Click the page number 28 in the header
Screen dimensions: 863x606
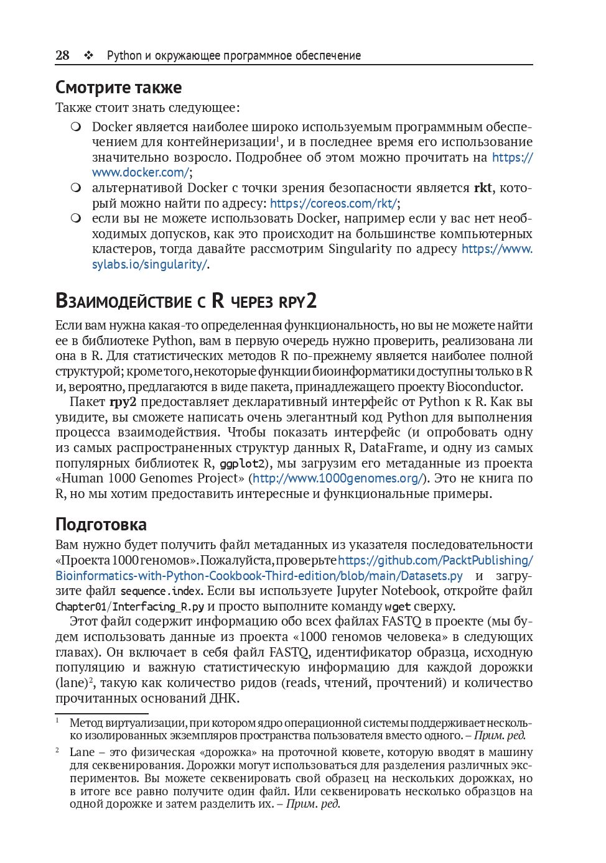pos(62,55)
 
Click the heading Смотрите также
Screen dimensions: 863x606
pos(118,87)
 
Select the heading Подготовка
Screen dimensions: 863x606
pos(101,524)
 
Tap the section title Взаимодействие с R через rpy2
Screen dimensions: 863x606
pos(186,301)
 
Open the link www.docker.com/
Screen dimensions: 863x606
pos(141,172)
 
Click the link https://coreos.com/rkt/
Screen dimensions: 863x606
pos(333,203)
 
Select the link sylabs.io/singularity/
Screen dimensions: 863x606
pos(149,264)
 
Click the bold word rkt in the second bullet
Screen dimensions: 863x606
pos(483,188)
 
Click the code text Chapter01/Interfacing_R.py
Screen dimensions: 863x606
pos(129,606)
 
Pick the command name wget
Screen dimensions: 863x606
pos(398,606)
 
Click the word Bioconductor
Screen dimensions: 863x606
pos(484,386)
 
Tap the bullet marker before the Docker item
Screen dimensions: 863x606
pos(76,127)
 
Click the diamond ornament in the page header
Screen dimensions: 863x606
pos(88,55)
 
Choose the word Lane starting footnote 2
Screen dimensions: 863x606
pos(82,752)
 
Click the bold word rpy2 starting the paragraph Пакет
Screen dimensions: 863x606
pos(123,402)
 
